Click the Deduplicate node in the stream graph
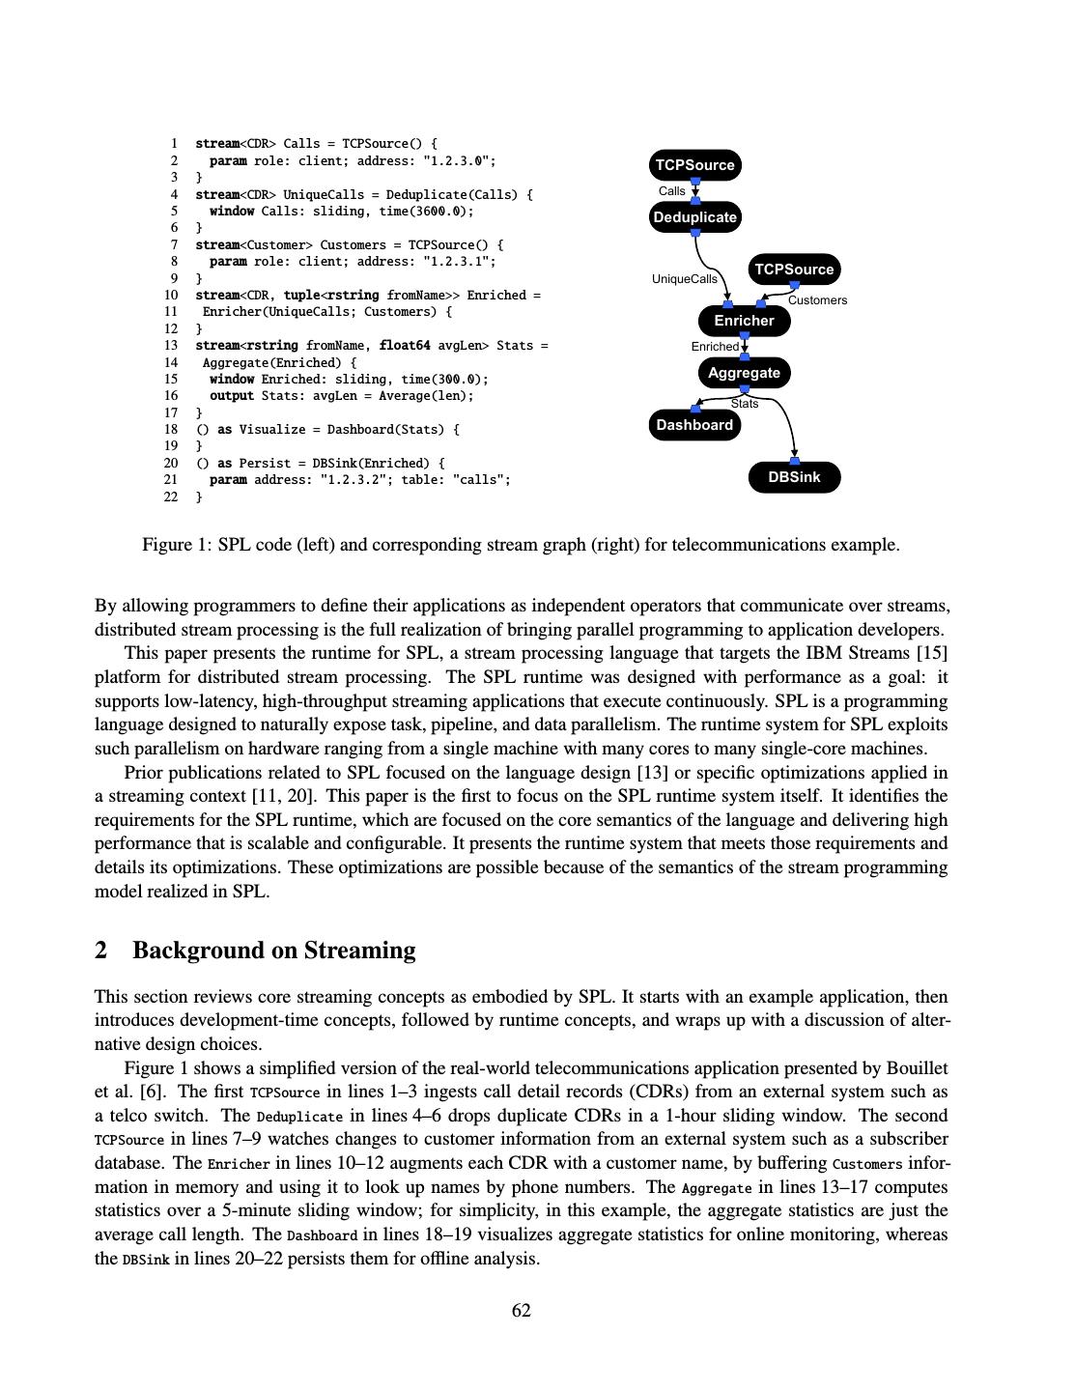(x=694, y=217)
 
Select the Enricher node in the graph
(x=744, y=321)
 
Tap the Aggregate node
(x=744, y=373)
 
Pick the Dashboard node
(x=694, y=425)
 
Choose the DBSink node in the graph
(x=794, y=477)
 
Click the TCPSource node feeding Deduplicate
(x=694, y=165)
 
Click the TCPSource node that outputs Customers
(x=794, y=270)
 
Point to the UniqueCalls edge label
(x=684, y=279)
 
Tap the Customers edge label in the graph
(x=817, y=300)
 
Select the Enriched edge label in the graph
(x=715, y=347)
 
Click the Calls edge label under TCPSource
(x=671, y=191)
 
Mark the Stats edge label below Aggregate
(x=745, y=404)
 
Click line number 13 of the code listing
(x=171, y=345)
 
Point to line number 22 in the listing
(x=171, y=497)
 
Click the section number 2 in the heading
(x=101, y=951)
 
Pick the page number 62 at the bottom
(x=522, y=1310)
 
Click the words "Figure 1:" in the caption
(x=177, y=545)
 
